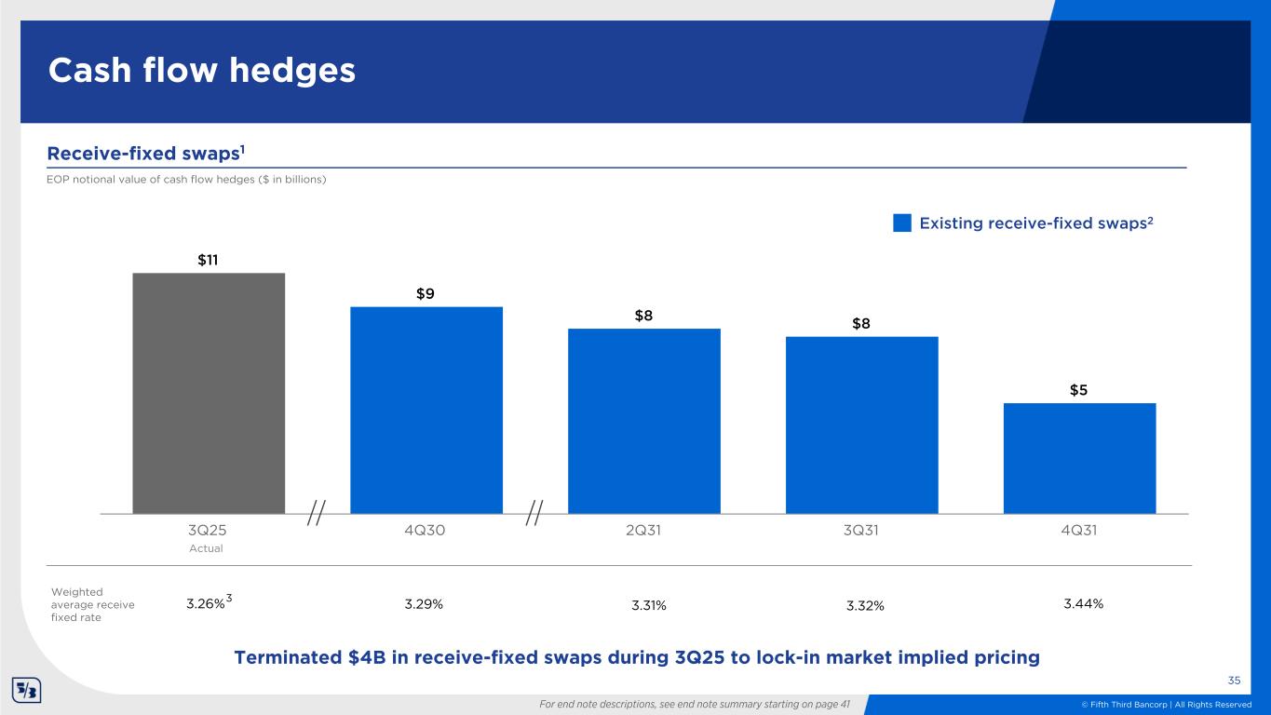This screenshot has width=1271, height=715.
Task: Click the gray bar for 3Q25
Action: click(x=209, y=393)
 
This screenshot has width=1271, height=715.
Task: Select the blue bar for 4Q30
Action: click(x=426, y=410)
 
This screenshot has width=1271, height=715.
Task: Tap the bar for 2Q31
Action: click(x=644, y=421)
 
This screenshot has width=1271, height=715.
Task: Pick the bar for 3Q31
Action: click(x=862, y=425)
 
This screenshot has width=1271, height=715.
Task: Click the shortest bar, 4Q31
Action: click(x=1080, y=458)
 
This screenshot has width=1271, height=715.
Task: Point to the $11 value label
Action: click(x=208, y=260)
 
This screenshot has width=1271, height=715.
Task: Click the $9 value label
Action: click(x=426, y=294)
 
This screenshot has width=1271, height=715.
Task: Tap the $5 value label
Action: click(x=1079, y=390)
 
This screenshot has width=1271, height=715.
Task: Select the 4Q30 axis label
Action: click(x=426, y=530)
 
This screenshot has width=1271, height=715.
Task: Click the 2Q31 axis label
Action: click(x=643, y=530)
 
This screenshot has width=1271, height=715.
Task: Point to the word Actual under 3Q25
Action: click(x=207, y=548)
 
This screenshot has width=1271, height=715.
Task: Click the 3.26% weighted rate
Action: click(x=206, y=604)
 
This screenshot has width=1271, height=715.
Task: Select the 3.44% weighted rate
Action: click(x=1083, y=604)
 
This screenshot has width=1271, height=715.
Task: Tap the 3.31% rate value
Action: click(x=649, y=606)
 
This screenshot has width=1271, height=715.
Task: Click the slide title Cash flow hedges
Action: click(x=202, y=71)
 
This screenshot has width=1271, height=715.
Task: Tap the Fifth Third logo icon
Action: click(x=24, y=692)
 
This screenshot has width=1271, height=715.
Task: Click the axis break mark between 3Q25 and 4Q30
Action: click(x=317, y=513)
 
